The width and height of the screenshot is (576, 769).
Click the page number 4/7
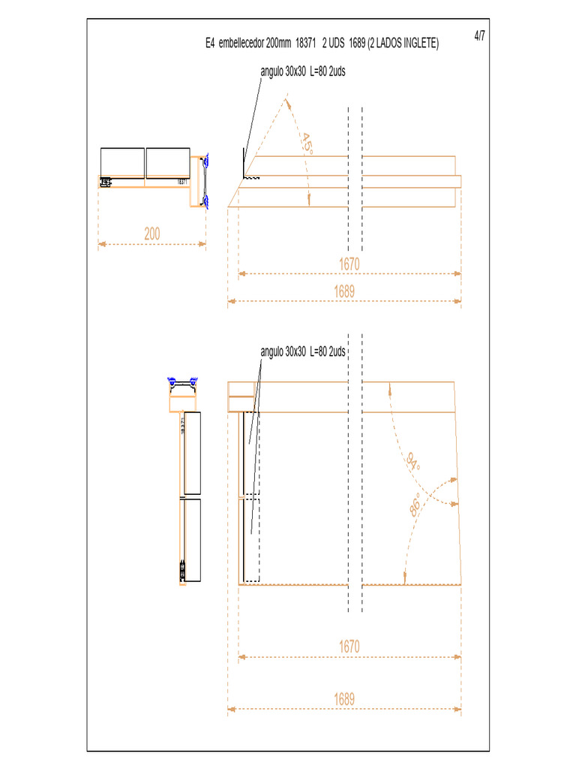click(480, 36)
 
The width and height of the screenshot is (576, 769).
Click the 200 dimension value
click(152, 234)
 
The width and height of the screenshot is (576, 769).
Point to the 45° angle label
click(306, 143)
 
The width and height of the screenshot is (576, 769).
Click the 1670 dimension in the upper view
click(349, 264)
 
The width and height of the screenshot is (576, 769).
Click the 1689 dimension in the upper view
click(344, 291)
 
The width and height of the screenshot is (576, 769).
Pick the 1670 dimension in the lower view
click(349, 646)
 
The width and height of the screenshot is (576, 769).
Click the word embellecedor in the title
click(241, 45)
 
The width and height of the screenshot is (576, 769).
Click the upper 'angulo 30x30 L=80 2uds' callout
click(302, 72)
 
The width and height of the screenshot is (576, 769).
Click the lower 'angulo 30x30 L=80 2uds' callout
click(302, 351)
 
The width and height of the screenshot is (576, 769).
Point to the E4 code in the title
click(210, 45)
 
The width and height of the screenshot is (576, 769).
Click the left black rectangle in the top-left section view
click(122, 163)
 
